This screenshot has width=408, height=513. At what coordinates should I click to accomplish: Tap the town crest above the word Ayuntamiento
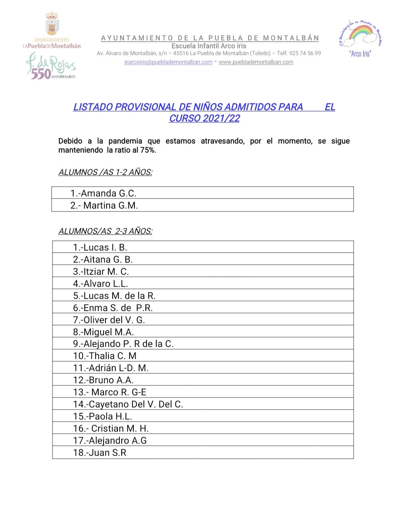tap(52, 23)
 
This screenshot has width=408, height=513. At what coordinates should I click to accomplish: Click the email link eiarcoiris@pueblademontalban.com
tap(168, 62)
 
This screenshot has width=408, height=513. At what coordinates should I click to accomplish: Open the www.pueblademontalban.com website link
tap(256, 62)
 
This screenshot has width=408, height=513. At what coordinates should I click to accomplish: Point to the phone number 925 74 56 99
tap(305, 53)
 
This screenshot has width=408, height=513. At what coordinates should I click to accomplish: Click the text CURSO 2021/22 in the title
tap(204, 118)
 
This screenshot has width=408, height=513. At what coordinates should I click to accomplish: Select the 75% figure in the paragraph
tap(148, 150)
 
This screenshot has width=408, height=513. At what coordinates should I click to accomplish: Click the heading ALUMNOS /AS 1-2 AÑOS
tap(105, 172)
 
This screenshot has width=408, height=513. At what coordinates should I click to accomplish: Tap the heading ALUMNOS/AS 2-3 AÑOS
tap(105, 231)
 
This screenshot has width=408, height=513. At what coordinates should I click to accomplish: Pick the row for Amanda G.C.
tap(103, 193)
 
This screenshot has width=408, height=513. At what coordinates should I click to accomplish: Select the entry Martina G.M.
tap(104, 205)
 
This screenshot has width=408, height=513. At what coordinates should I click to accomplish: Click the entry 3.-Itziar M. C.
tap(101, 271)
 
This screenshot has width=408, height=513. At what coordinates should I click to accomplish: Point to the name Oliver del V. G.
tap(114, 320)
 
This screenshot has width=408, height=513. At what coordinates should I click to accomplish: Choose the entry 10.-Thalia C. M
tap(105, 356)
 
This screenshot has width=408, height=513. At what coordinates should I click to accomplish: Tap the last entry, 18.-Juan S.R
tap(100, 453)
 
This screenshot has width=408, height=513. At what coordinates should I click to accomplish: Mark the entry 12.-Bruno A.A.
tap(104, 380)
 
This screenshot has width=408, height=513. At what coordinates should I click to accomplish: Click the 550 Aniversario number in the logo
tap(41, 74)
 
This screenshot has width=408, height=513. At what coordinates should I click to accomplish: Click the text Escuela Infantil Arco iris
tap(209, 46)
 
